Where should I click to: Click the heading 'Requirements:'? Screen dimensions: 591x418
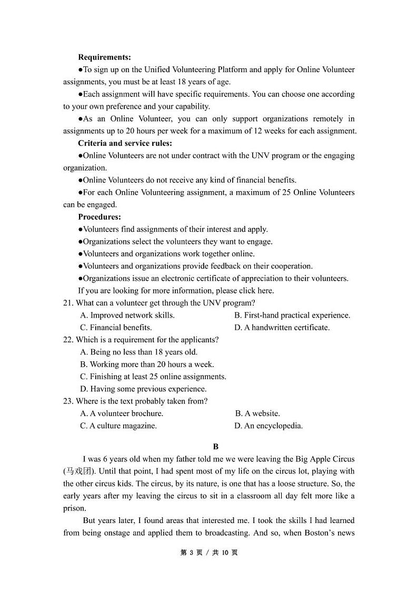(104, 57)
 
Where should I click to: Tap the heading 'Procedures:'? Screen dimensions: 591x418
(99, 217)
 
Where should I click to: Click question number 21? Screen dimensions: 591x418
(68, 303)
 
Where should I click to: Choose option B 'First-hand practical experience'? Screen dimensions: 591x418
(292, 316)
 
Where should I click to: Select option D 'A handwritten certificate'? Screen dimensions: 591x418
(282, 328)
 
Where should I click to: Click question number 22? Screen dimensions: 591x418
(68, 340)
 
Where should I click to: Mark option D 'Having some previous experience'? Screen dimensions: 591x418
(143, 389)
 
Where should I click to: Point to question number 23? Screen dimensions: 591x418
(68, 401)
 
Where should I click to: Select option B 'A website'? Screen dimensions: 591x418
(257, 413)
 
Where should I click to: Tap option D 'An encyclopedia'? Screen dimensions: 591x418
(268, 426)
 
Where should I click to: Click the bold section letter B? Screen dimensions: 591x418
(215, 447)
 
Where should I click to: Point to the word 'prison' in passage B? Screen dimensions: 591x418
(74, 508)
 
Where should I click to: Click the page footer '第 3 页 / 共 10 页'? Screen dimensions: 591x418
(209, 553)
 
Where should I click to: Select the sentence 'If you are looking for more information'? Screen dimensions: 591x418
(176, 291)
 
